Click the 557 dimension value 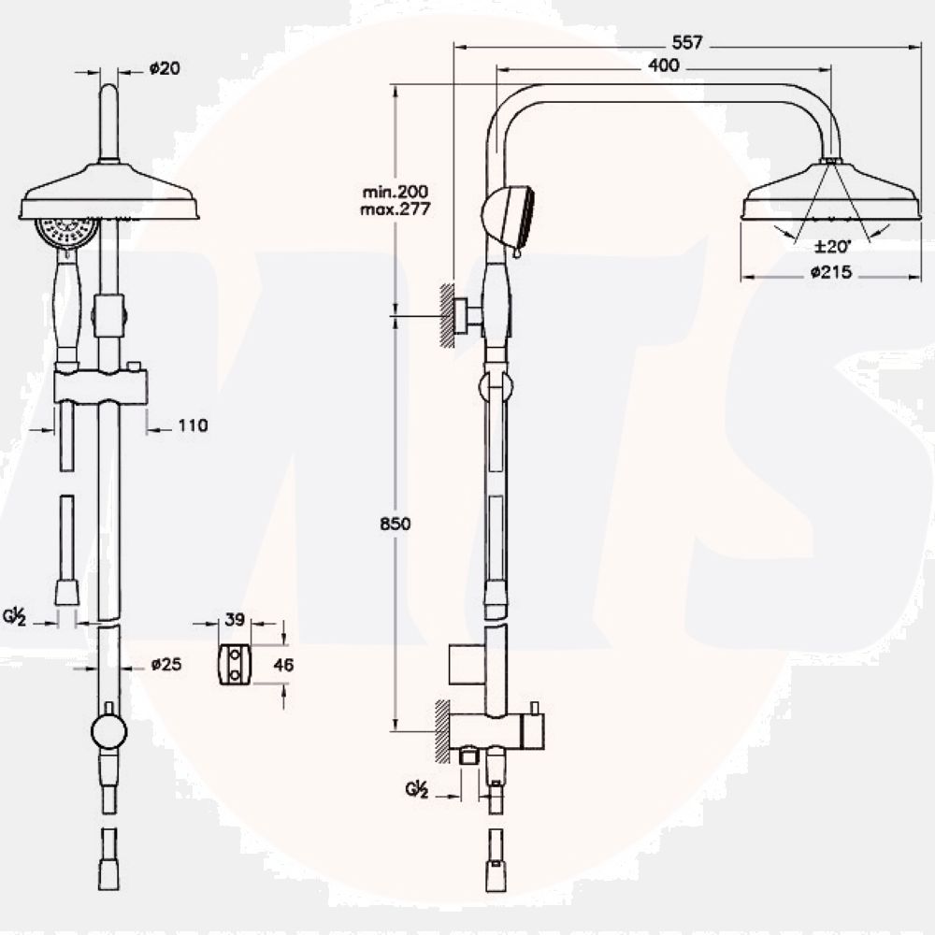687,42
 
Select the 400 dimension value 663,65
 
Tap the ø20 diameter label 165,68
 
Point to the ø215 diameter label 831,272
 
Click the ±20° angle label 832,246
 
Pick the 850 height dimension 396,524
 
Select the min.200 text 396,192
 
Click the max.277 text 395,209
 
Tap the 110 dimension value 194,425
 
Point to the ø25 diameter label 166,664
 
